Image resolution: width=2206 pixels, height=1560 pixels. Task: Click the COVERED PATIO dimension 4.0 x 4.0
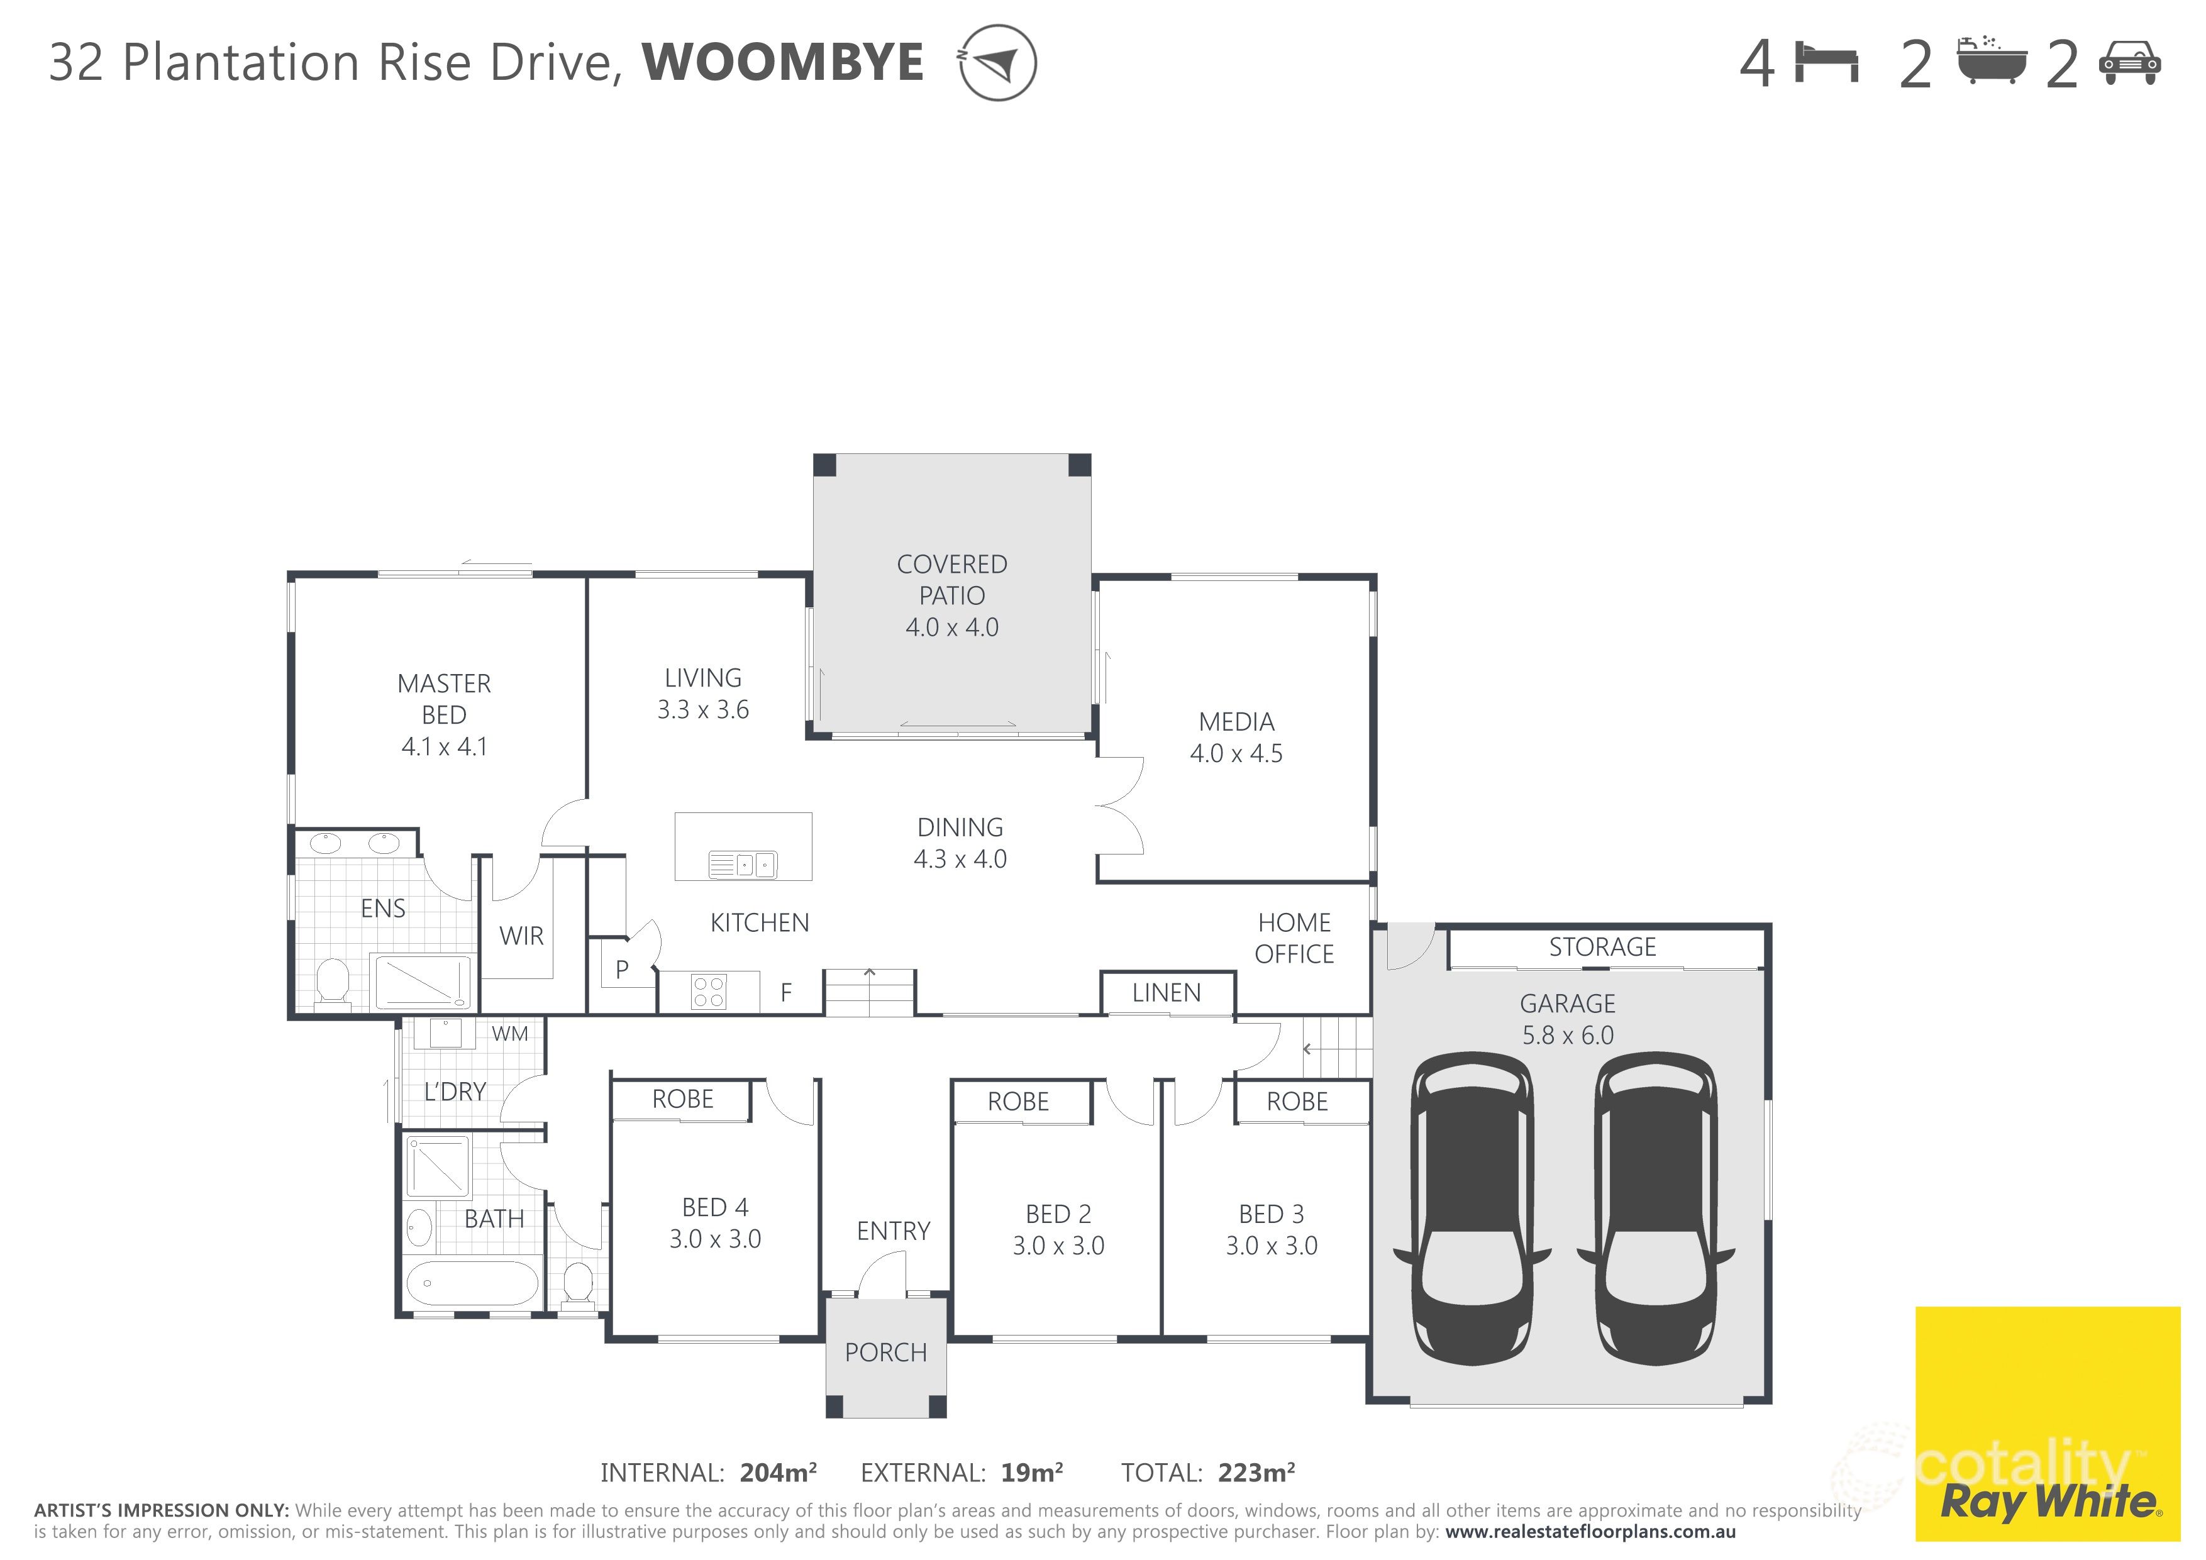[x=952, y=628]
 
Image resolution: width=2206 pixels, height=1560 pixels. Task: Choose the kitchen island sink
[x=743, y=865]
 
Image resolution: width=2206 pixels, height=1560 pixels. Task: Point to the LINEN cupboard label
[x=1167, y=993]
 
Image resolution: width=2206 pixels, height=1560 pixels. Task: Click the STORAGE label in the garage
[x=1602, y=947]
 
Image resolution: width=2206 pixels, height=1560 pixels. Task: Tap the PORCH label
[x=886, y=1353]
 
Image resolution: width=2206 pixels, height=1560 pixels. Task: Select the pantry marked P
[x=623, y=970]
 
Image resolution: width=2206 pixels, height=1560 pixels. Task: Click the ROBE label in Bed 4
[x=683, y=1099]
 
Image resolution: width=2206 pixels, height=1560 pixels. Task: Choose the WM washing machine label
[x=510, y=1034]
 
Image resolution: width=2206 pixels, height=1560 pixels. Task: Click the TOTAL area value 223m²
[x=1256, y=1473]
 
